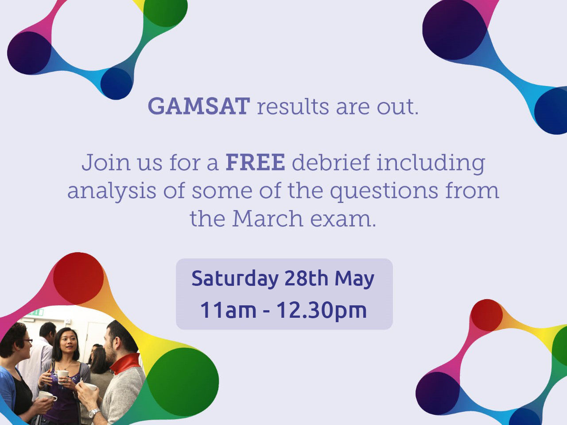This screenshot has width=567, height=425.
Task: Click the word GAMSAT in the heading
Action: (x=199, y=106)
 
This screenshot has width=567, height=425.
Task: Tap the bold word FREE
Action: (x=256, y=162)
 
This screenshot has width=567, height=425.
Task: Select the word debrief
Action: (x=331, y=162)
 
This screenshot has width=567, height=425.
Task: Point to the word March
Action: (x=268, y=218)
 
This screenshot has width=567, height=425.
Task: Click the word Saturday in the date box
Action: (x=235, y=278)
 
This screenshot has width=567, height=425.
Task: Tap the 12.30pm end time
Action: (x=322, y=311)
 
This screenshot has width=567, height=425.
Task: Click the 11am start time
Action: (x=228, y=310)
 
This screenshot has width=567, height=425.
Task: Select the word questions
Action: (x=384, y=191)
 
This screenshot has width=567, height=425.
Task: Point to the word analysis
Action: (x=112, y=191)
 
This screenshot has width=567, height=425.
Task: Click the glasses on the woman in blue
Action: (x=28, y=341)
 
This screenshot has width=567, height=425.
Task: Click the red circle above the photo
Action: (x=78, y=278)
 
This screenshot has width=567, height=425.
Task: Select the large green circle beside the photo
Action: (x=183, y=382)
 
